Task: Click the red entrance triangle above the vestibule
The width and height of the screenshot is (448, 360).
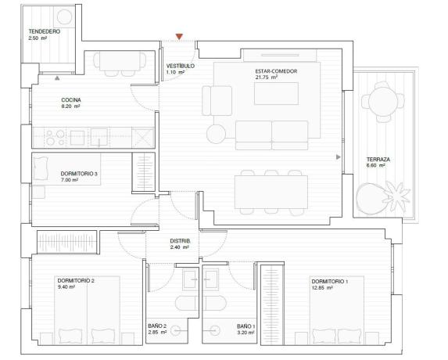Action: (179, 37)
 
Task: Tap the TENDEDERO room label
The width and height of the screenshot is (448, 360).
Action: (45, 31)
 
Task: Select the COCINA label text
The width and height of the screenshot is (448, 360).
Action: (71, 100)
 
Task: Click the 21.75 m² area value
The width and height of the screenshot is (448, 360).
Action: (267, 77)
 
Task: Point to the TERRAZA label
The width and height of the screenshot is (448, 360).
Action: (378, 160)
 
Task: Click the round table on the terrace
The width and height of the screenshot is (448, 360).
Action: (383, 101)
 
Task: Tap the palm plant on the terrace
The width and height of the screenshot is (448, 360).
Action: (397, 196)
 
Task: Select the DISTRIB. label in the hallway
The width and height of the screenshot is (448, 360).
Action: (180, 241)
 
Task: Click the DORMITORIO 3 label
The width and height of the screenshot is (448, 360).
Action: (79, 174)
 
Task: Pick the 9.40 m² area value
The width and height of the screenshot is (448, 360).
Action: (66, 286)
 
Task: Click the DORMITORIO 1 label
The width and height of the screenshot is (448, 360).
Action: (330, 282)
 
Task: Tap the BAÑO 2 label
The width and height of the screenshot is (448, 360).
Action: (157, 326)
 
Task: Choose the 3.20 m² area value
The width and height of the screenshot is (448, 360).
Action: (246, 333)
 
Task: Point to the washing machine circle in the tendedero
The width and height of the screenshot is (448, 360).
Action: (65, 16)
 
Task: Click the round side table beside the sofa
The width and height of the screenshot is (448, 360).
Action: (216, 134)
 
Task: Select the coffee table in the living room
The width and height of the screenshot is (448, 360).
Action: (276, 93)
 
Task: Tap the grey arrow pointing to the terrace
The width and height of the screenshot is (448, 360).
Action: (339, 157)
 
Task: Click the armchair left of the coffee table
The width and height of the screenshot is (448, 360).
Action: (217, 101)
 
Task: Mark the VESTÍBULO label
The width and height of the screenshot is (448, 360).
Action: (181, 66)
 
